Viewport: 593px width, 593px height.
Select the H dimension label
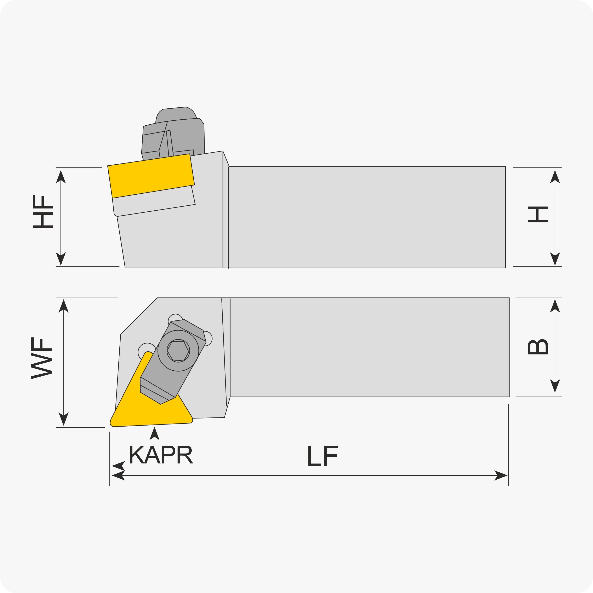coord(538,215)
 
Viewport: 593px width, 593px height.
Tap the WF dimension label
coord(42,358)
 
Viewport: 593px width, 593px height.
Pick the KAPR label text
coord(161,455)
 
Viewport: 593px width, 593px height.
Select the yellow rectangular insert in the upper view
coord(151,176)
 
